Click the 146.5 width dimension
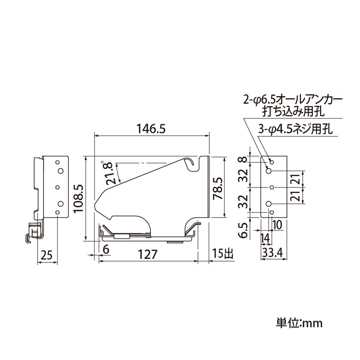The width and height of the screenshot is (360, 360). (x=151, y=128)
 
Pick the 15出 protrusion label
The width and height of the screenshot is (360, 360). (x=222, y=255)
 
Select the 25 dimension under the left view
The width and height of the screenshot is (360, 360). (x=47, y=256)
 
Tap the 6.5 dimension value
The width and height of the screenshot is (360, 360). (x=244, y=230)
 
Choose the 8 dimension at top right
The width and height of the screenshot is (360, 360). (x=244, y=159)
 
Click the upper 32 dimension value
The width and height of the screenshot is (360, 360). (x=244, y=175)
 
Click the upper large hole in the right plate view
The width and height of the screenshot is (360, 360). (x=269, y=171)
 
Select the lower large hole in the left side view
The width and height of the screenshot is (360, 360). (x=60, y=203)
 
